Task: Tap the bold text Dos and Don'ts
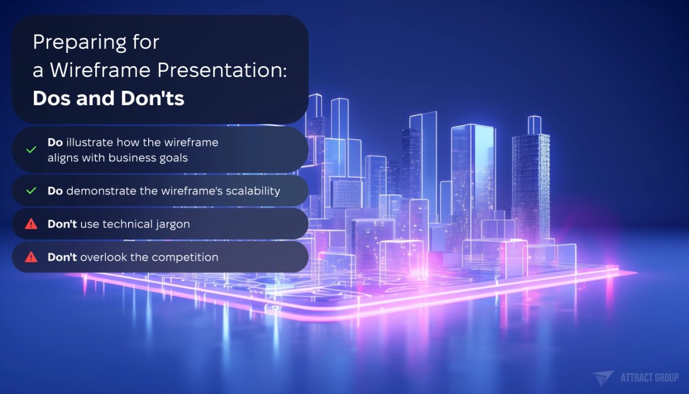click(x=109, y=98)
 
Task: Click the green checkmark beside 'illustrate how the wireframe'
click(x=32, y=149)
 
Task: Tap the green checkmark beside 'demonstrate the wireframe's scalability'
click(x=32, y=191)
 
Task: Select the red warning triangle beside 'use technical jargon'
click(x=32, y=224)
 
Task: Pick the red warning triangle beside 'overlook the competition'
click(x=32, y=257)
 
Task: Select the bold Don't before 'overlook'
click(x=62, y=257)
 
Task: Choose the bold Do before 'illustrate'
click(x=55, y=142)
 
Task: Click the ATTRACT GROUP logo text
click(x=649, y=377)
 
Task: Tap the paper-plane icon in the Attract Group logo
click(x=603, y=377)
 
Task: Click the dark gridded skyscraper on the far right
click(x=530, y=184)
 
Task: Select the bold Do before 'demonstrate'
click(x=55, y=191)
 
